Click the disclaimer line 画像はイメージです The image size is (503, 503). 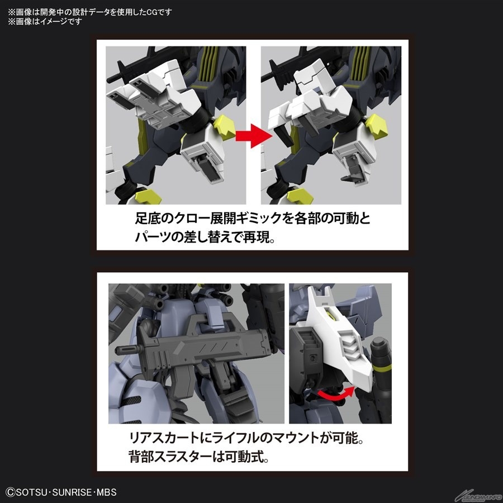[45, 22]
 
